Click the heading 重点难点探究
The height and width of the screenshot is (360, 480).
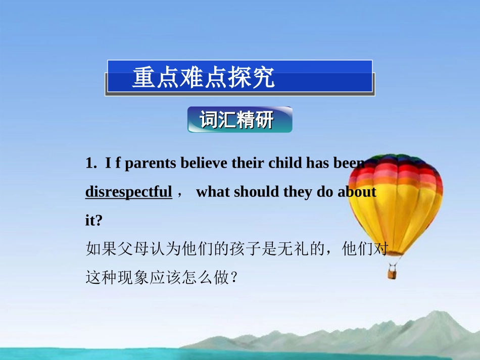(x=204, y=78)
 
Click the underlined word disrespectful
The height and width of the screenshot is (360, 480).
(x=129, y=192)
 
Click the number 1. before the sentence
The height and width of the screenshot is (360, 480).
(x=91, y=163)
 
